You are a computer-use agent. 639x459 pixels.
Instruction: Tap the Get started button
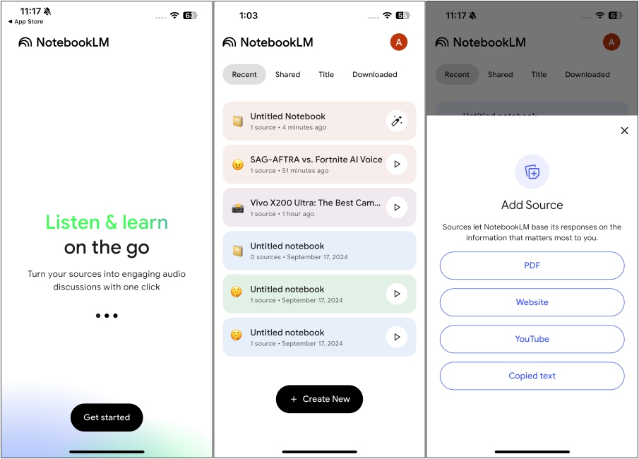coord(107,417)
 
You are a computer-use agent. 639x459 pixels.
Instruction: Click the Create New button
coord(319,399)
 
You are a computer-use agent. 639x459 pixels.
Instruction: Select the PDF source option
coord(532,266)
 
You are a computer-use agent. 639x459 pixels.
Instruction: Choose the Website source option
coord(532,302)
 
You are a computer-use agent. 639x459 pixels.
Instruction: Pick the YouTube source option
coord(532,339)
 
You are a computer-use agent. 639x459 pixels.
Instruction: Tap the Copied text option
coord(532,376)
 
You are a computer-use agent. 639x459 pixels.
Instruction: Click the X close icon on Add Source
coord(624,131)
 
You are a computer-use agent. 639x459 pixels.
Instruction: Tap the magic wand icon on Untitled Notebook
coord(397,121)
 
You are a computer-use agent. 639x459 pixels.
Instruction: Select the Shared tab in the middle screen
coord(287,75)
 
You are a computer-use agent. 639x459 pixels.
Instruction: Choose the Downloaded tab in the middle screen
coord(374,75)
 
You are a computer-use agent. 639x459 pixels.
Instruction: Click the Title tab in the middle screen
coord(326,75)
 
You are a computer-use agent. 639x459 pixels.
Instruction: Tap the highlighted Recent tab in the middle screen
coord(244,75)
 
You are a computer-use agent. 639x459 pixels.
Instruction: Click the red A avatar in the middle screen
coord(398,42)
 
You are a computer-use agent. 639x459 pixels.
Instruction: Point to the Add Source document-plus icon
coord(532,172)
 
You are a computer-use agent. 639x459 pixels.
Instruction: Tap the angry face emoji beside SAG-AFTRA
coord(238,165)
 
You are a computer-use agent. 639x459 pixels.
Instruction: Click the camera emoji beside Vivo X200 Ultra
coord(238,208)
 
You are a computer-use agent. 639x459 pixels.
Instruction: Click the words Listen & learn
coord(107,222)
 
